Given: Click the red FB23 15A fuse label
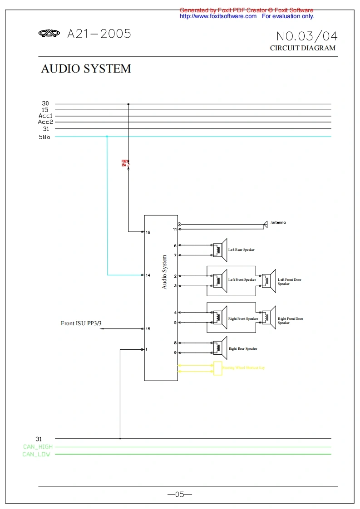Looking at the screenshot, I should coord(124,163).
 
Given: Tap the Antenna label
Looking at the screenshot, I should coord(278,223).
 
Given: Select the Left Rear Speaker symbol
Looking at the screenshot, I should coord(221,250).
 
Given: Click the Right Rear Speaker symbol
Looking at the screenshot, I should coord(221,348).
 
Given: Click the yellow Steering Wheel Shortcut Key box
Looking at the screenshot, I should coord(218,368).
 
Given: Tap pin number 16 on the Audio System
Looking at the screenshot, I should coord(148,232).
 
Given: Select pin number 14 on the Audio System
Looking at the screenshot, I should coord(148,275).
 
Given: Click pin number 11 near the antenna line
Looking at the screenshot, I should coord(175,230).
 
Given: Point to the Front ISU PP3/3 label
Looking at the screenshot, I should coord(81,323).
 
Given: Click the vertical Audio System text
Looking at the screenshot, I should coord(165,272).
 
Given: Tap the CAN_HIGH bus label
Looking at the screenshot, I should coord(38,447).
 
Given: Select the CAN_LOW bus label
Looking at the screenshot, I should coord(36,455).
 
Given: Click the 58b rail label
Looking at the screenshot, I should coord(44,137).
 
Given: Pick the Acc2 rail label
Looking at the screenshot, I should coord(45,122).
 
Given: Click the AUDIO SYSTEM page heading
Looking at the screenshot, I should coord(86,69).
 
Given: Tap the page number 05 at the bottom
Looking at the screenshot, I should coord(180,494).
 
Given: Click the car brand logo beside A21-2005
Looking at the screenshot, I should coord(49,34).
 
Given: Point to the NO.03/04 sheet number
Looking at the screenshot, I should coord(307,36).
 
